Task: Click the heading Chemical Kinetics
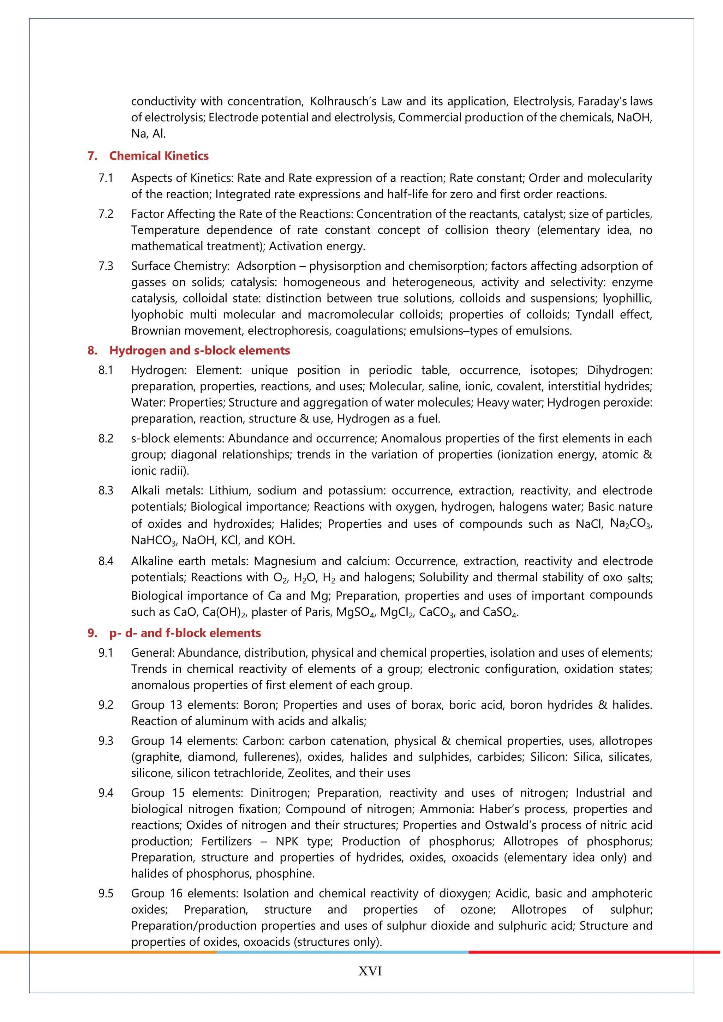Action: [159, 156]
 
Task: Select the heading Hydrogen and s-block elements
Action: [199, 350]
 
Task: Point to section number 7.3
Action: [106, 266]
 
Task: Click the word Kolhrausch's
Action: [343, 102]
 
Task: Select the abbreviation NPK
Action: [287, 841]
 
